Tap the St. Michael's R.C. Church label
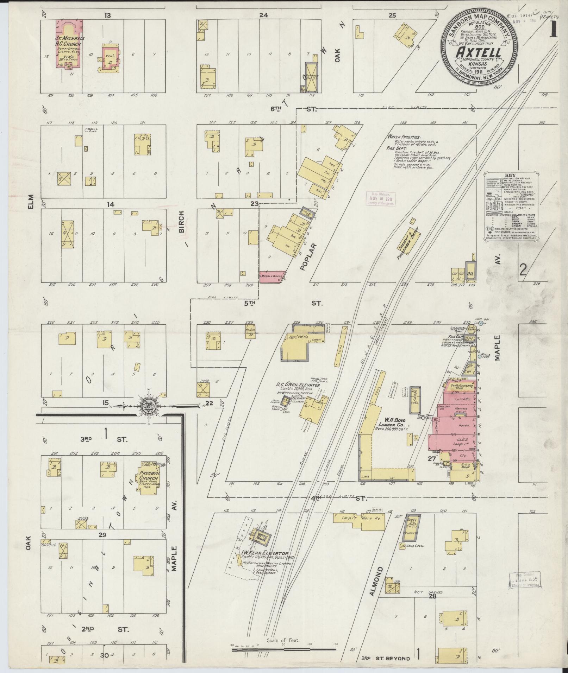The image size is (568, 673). [68, 42]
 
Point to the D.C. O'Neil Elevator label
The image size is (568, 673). [298, 385]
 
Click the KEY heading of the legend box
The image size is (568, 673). [509, 175]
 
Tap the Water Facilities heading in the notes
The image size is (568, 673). [403, 137]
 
